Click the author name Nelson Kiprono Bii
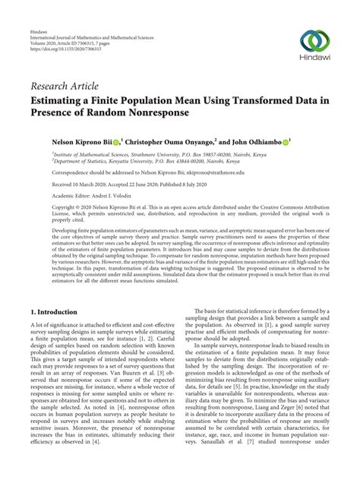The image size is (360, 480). (x=77, y=142)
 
